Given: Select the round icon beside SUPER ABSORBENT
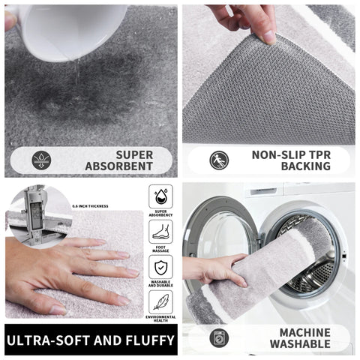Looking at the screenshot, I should pos(43,160).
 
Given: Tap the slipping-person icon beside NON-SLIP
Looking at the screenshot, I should pos(218,160).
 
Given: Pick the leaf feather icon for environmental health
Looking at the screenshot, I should pos(160,302).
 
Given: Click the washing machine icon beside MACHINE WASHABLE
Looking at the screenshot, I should pos(219,338).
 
